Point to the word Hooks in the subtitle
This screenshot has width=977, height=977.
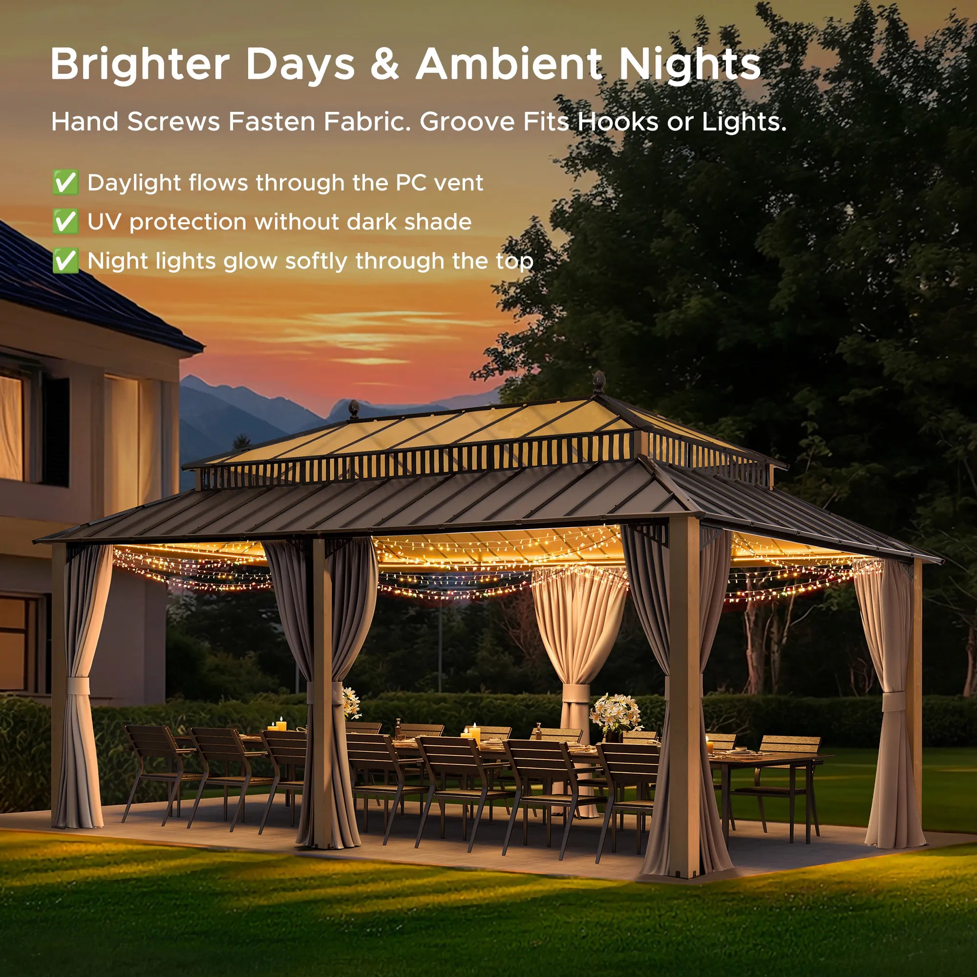click(618, 121)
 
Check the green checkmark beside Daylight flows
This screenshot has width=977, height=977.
click(65, 183)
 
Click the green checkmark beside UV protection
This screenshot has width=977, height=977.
click(65, 221)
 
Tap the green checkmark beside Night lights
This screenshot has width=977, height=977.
click(65, 261)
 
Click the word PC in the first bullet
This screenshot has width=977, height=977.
click(411, 183)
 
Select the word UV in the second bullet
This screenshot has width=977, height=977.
click(104, 221)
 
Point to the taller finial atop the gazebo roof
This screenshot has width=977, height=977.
click(599, 382)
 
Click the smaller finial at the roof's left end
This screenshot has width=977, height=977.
click(354, 408)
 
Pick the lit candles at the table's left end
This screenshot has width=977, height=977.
click(277, 725)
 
